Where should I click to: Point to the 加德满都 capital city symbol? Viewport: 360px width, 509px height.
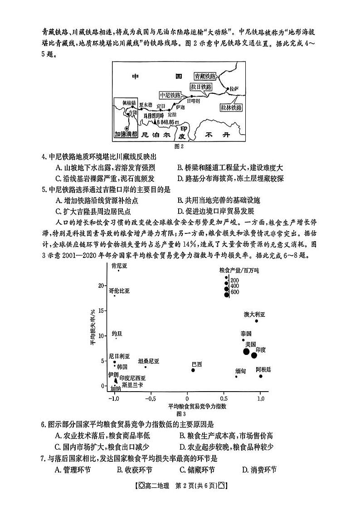(126, 128)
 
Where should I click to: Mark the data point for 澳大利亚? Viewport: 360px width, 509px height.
(256, 321)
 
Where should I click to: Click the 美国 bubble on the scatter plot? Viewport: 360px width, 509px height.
(246, 351)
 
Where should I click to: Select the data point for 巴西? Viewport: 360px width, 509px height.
(193, 370)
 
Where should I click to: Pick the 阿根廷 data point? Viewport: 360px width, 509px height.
(261, 376)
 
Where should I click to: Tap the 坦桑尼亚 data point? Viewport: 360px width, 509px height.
(145, 367)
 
